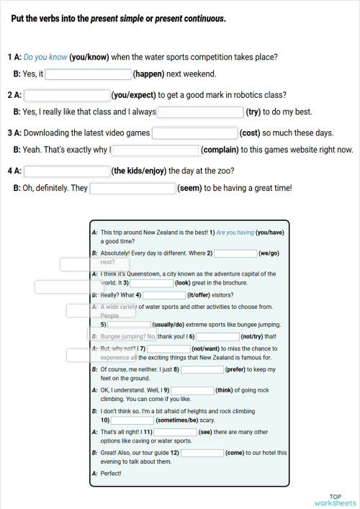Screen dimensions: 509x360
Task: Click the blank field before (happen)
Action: [x=89, y=73]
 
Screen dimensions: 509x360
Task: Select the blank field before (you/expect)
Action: [x=67, y=94]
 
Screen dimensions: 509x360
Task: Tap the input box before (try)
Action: [x=200, y=112]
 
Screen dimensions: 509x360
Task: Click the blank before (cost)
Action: [x=194, y=132]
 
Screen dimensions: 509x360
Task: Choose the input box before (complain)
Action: [x=156, y=150]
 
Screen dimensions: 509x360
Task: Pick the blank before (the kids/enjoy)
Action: [x=67, y=171]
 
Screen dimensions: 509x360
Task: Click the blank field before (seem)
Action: [x=132, y=189]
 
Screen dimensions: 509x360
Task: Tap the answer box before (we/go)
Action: [x=235, y=253]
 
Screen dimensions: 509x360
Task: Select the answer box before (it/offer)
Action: [x=164, y=294]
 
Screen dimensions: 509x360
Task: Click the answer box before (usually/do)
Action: [x=129, y=325]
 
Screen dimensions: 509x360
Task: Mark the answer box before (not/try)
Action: [x=217, y=336]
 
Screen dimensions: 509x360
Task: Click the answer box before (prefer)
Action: [x=202, y=369]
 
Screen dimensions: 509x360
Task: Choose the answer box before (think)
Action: [x=192, y=390]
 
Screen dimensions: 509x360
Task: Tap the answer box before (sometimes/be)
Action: [x=132, y=420]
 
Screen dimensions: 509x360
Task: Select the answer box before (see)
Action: [x=175, y=431]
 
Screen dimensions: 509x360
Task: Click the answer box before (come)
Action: [x=202, y=453]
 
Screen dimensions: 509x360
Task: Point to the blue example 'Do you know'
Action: [x=45, y=57]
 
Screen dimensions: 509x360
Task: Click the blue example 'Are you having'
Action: [x=235, y=233]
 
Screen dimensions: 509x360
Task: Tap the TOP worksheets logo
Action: [x=335, y=499]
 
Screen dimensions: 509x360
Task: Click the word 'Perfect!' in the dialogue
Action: [x=111, y=473]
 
